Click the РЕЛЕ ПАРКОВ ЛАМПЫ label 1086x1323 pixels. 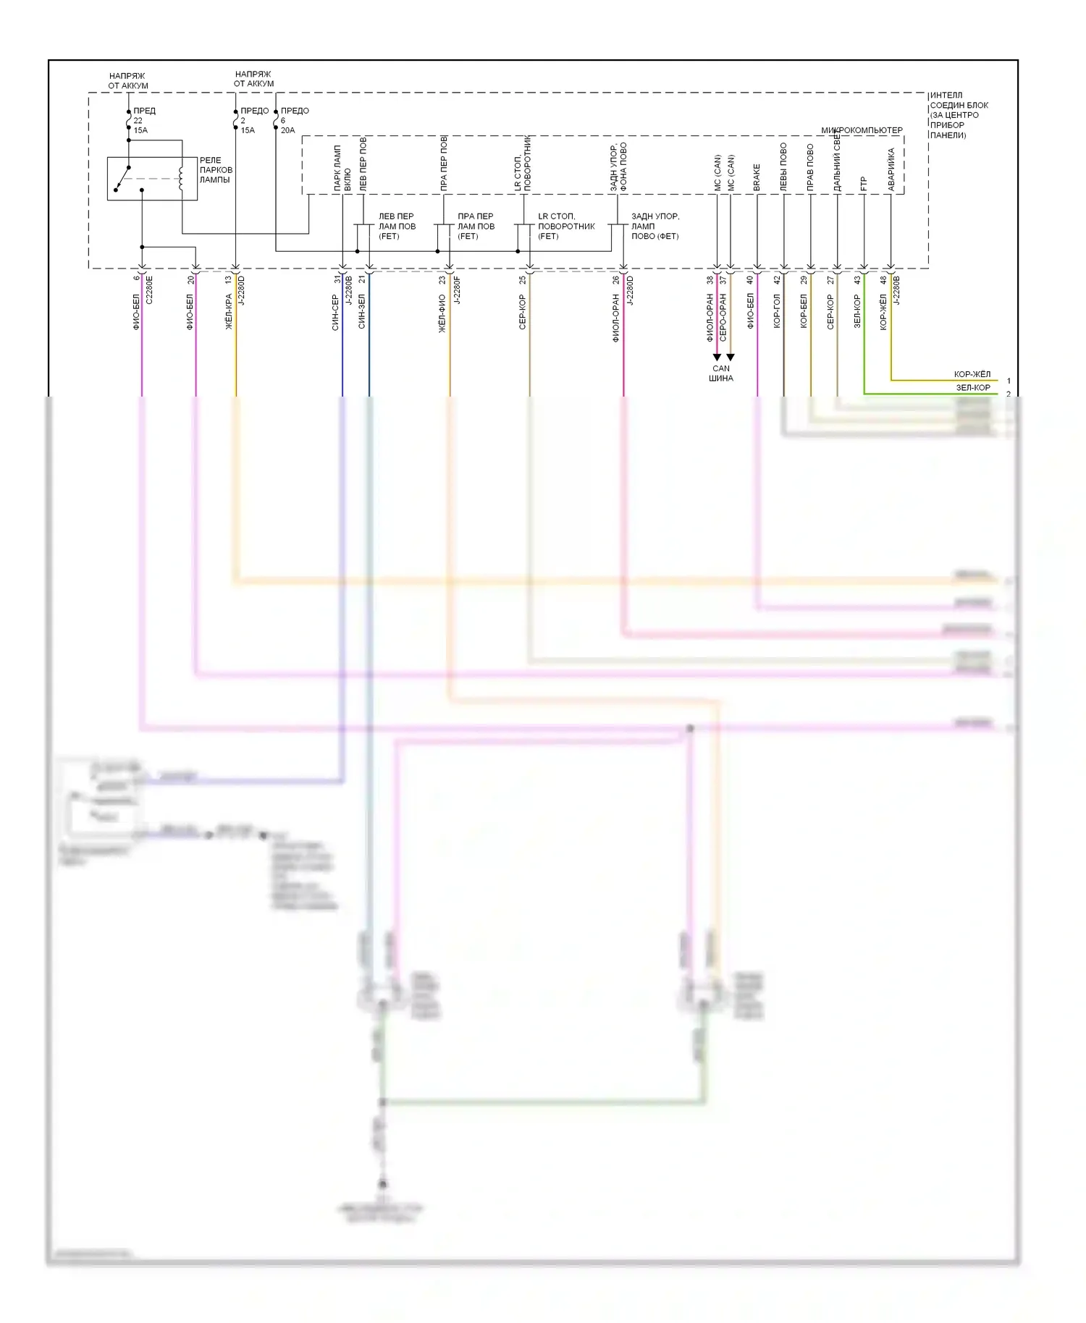click(x=216, y=170)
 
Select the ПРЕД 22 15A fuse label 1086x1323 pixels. click(x=143, y=120)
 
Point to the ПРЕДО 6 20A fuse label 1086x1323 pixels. click(x=294, y=120)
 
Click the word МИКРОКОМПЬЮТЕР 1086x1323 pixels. click(x=862, y=130)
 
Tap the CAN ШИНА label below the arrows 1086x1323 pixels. click(x=721, y=373)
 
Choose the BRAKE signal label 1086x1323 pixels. click(x=757, y=177)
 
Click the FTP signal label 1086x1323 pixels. click(x=864, y=185)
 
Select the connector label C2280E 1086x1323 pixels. click(x=150, y=289)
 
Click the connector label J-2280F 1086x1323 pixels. click(x=457, y=289)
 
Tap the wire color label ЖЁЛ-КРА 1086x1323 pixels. click(x=229, y=312)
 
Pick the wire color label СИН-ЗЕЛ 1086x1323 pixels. click(x=362, y=311)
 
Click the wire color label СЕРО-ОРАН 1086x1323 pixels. click(x=723, y=317)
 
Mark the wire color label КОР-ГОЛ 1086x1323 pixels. click(x=777, y=311)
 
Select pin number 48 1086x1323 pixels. click(x=883, y=279)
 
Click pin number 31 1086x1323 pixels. click(x=337, y=279)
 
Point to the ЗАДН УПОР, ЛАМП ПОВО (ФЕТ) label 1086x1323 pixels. click(x=654, y=226)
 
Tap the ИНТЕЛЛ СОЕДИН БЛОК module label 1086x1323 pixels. click(x=958, y=115)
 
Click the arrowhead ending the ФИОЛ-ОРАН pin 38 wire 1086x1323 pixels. click(x=717, y=358)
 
